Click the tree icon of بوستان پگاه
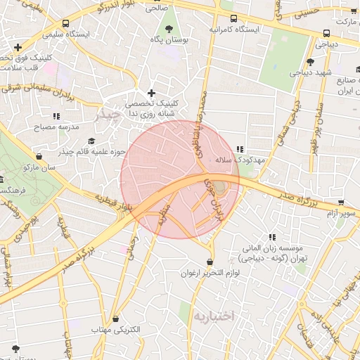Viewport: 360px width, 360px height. pyautogui.click(x=169, y=29)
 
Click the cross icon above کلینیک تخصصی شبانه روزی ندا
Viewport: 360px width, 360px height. pyautogui.click(x=151, y=93)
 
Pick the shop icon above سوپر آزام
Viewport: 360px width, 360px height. pyautogui.click(x=342, y=202)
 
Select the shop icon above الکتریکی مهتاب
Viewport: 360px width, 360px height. pyautogui.click(x=115, y=319)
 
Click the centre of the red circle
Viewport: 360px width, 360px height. pyautogui.click(x=180, y=179)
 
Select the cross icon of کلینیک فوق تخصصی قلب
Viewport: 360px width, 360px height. pyautogui.click(x=18, y=46)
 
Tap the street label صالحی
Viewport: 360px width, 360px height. pyautogui.click(x=156, y=9)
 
